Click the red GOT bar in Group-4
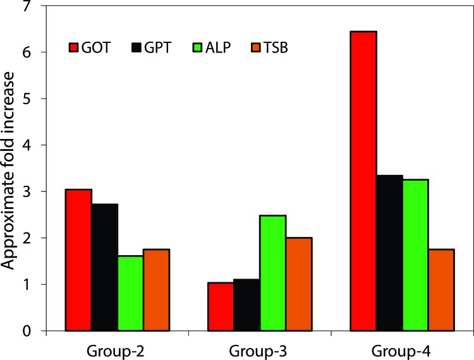(x=363, y=181)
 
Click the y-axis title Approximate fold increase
(x=11, y=171)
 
